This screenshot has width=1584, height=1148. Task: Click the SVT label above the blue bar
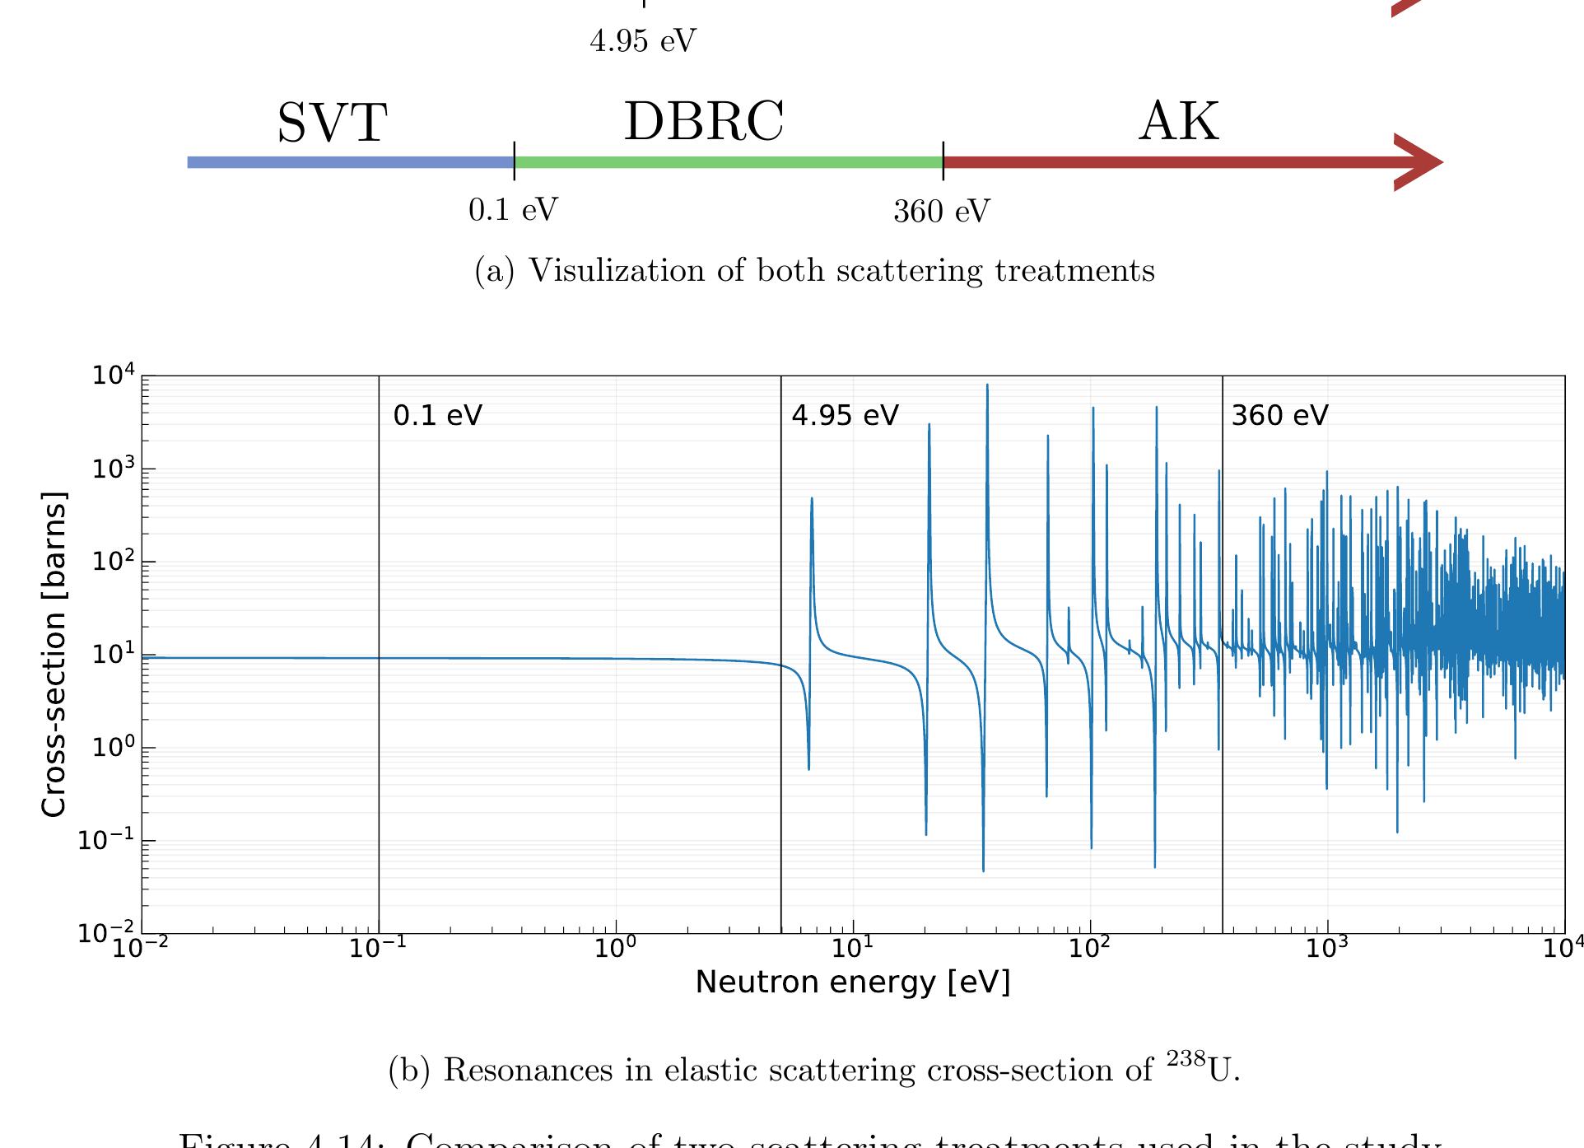tap(332, 124)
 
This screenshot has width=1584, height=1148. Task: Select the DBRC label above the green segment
tap(704, 122)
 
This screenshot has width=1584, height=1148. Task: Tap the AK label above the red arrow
tap(1178, 122)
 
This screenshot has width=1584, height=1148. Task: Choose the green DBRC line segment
tap(728, 162)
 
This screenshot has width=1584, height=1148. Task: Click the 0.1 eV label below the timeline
tap(513, 211)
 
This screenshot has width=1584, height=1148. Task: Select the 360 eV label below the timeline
tap(941, 212)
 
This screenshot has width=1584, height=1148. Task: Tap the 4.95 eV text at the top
tap(643, 40)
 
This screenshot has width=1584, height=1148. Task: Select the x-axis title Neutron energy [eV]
tap(852, 982)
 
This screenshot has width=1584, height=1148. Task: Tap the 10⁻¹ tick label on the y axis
tap(107, 840)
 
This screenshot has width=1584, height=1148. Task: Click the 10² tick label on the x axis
tap(1089, 949)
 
